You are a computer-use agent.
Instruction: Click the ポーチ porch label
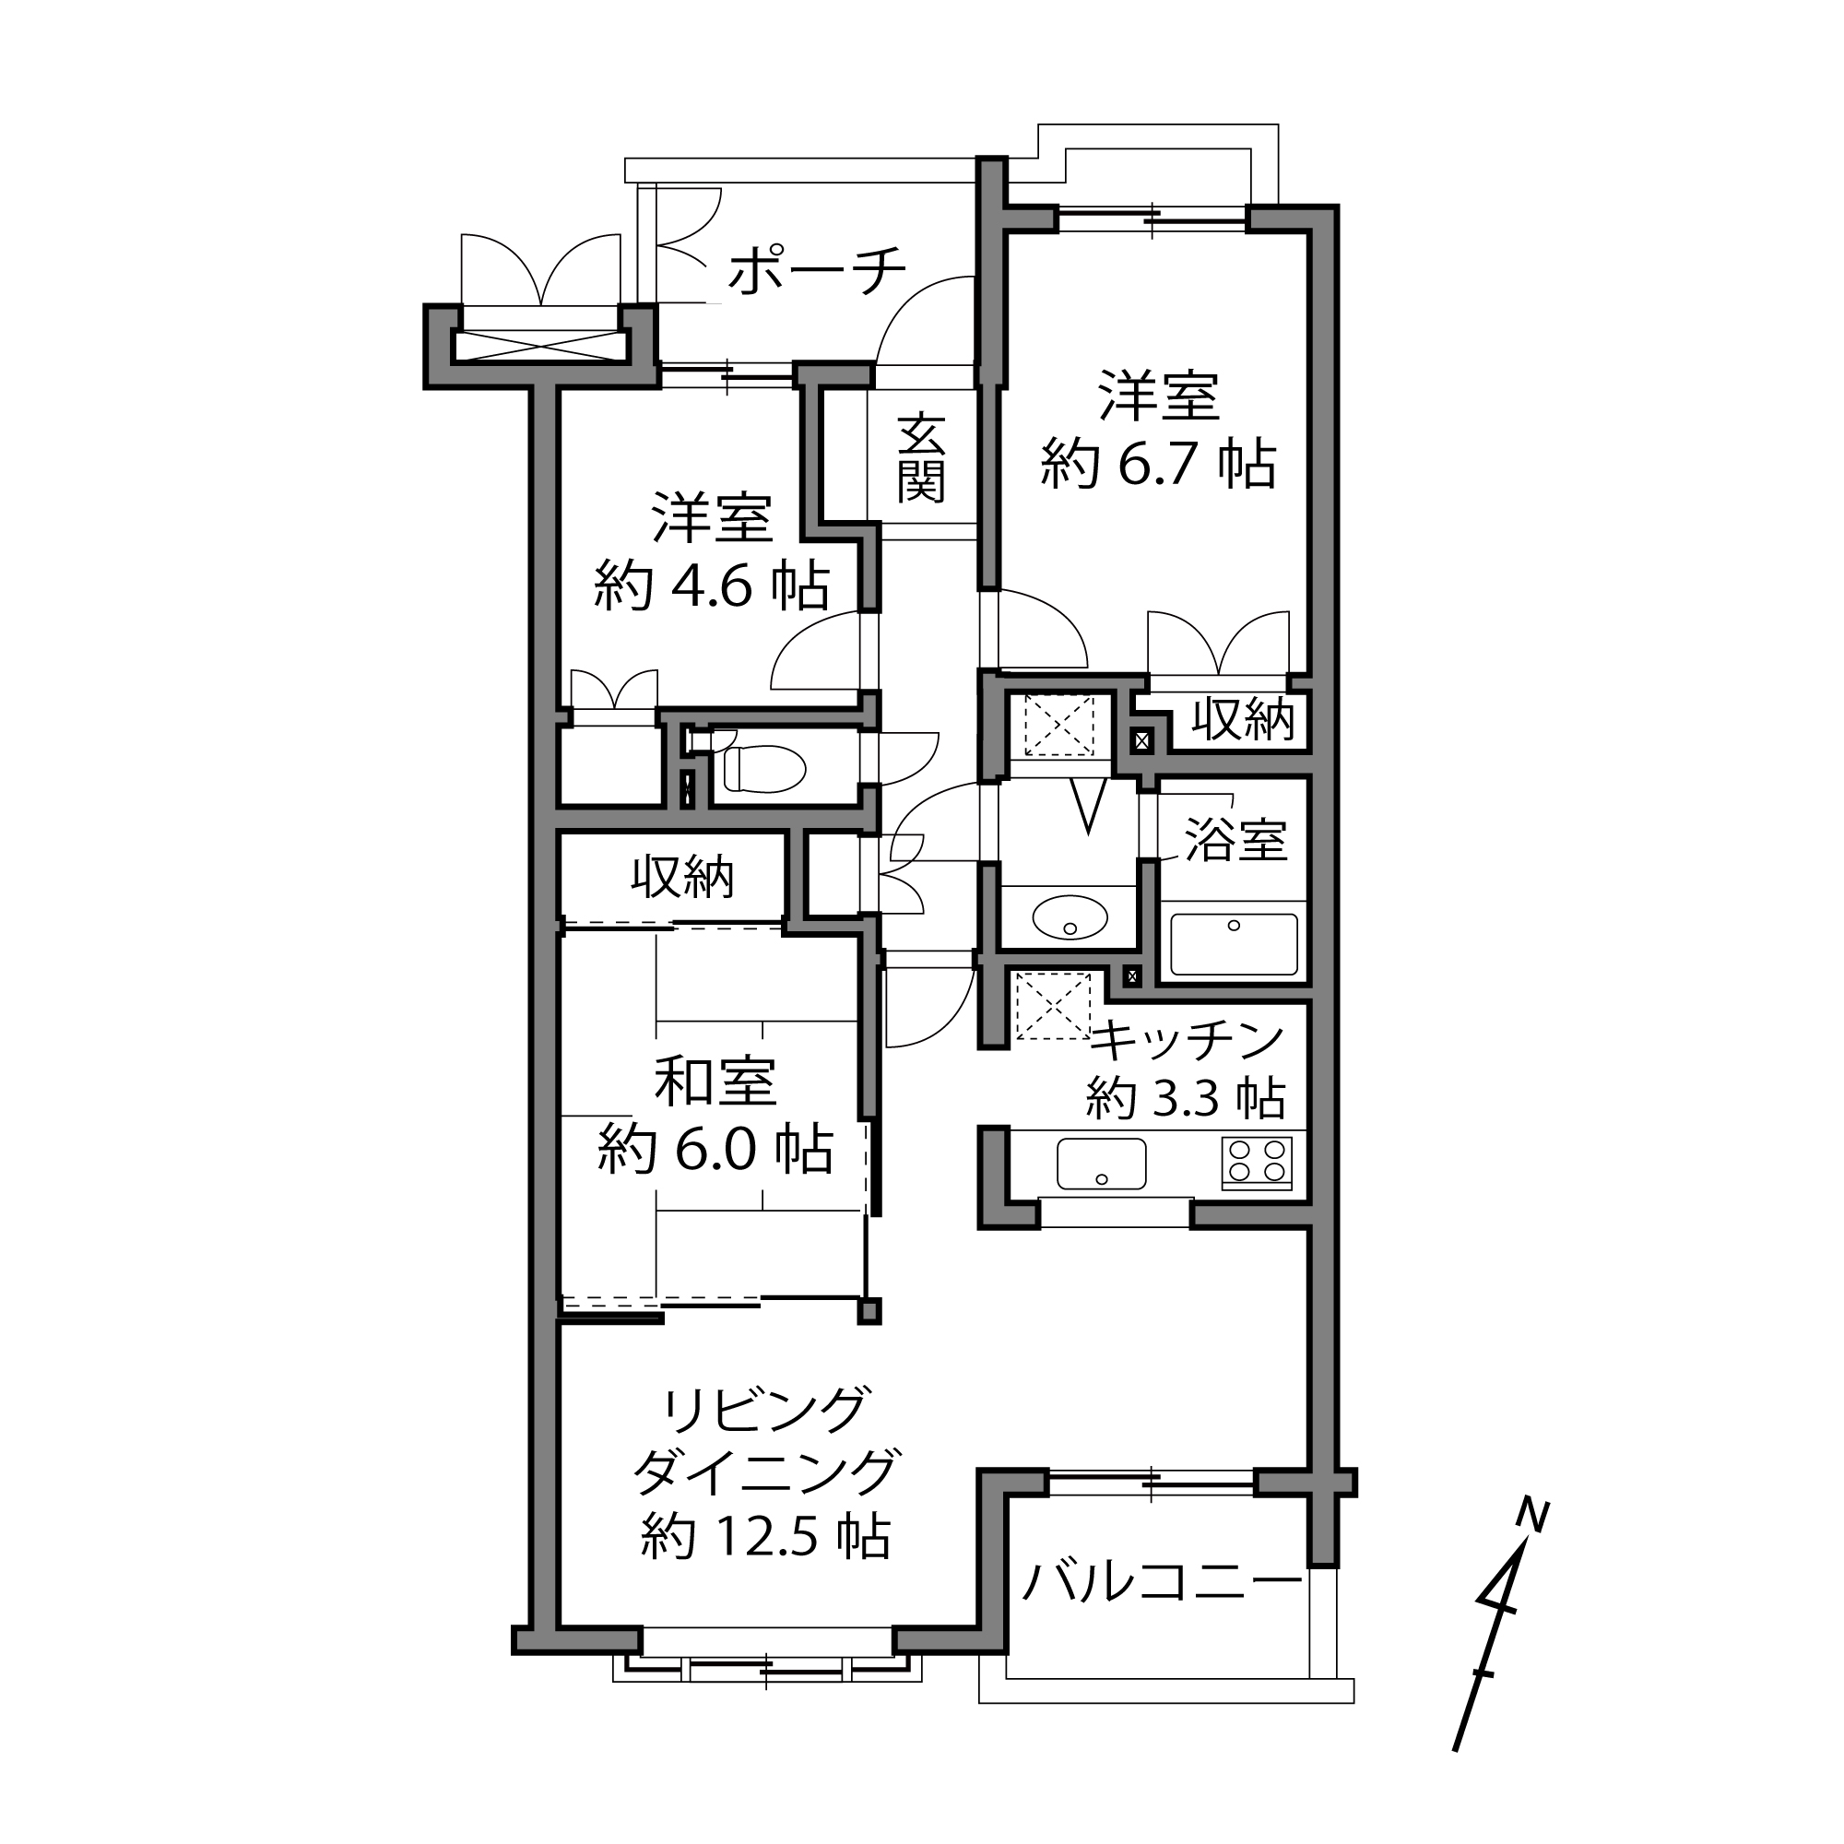tap(817, 270)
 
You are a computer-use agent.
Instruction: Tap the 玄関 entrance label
tap(921, 457)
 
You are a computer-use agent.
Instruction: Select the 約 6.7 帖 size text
tap(1158, 463)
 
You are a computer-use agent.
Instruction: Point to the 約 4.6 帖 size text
tap(712, 585)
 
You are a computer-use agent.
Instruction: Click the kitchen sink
tap(1102, 1164)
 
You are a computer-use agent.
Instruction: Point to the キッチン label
tap(1188, 1040)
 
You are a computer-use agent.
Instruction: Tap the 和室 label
tap(715, 1082)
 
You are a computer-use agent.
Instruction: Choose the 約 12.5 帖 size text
tap(765, 1537)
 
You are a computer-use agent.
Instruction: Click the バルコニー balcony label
tap(1163, 1582)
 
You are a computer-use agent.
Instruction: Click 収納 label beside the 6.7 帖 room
tap(1243, 719)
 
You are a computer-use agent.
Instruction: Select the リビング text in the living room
tap(766, 1410)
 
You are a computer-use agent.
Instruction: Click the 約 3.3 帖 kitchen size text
tap(1186, 1097)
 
